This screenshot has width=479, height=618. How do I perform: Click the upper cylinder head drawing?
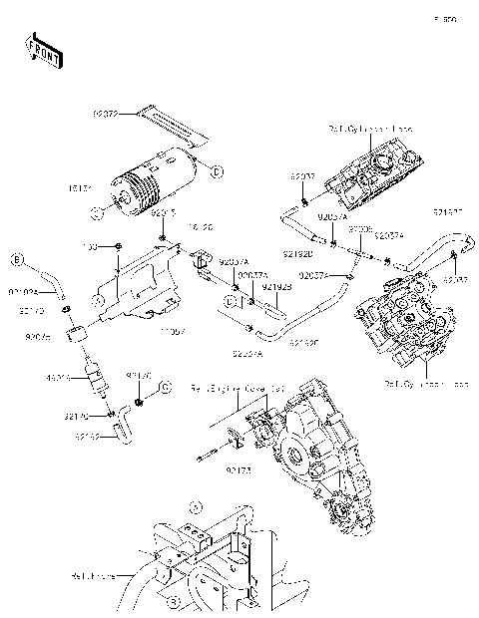(373, 173)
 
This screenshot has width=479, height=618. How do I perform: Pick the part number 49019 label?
(57, 379)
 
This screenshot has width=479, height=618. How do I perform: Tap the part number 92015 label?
(163, 212)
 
